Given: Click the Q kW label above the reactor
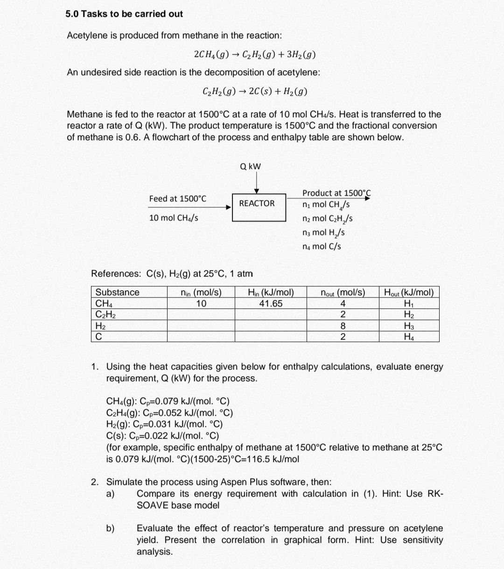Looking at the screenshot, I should [x=251, y=166].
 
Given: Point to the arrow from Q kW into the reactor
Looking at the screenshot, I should [x=256, y=183].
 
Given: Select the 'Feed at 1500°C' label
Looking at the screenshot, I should [x=177, y=199].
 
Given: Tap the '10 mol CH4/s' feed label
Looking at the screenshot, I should [x=174, y=218].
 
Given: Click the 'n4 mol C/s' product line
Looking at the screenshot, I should [x=322, y=246].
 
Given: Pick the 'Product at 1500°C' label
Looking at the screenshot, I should [x=336, y=193].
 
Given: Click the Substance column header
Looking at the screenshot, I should [x=117, y=292].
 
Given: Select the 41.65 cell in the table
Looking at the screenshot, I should [x=271, y=304].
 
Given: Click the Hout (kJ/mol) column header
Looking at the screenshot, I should [x=408, y=292].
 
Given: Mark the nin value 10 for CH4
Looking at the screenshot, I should [x=201, y=304].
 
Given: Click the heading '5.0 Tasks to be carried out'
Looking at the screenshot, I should [x=124, y=14].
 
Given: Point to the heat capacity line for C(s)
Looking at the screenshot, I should [x=162, y=436].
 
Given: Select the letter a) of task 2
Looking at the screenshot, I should [x=111, y=494].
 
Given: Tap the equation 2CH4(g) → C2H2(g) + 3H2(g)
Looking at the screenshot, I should [x=255, y=55].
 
